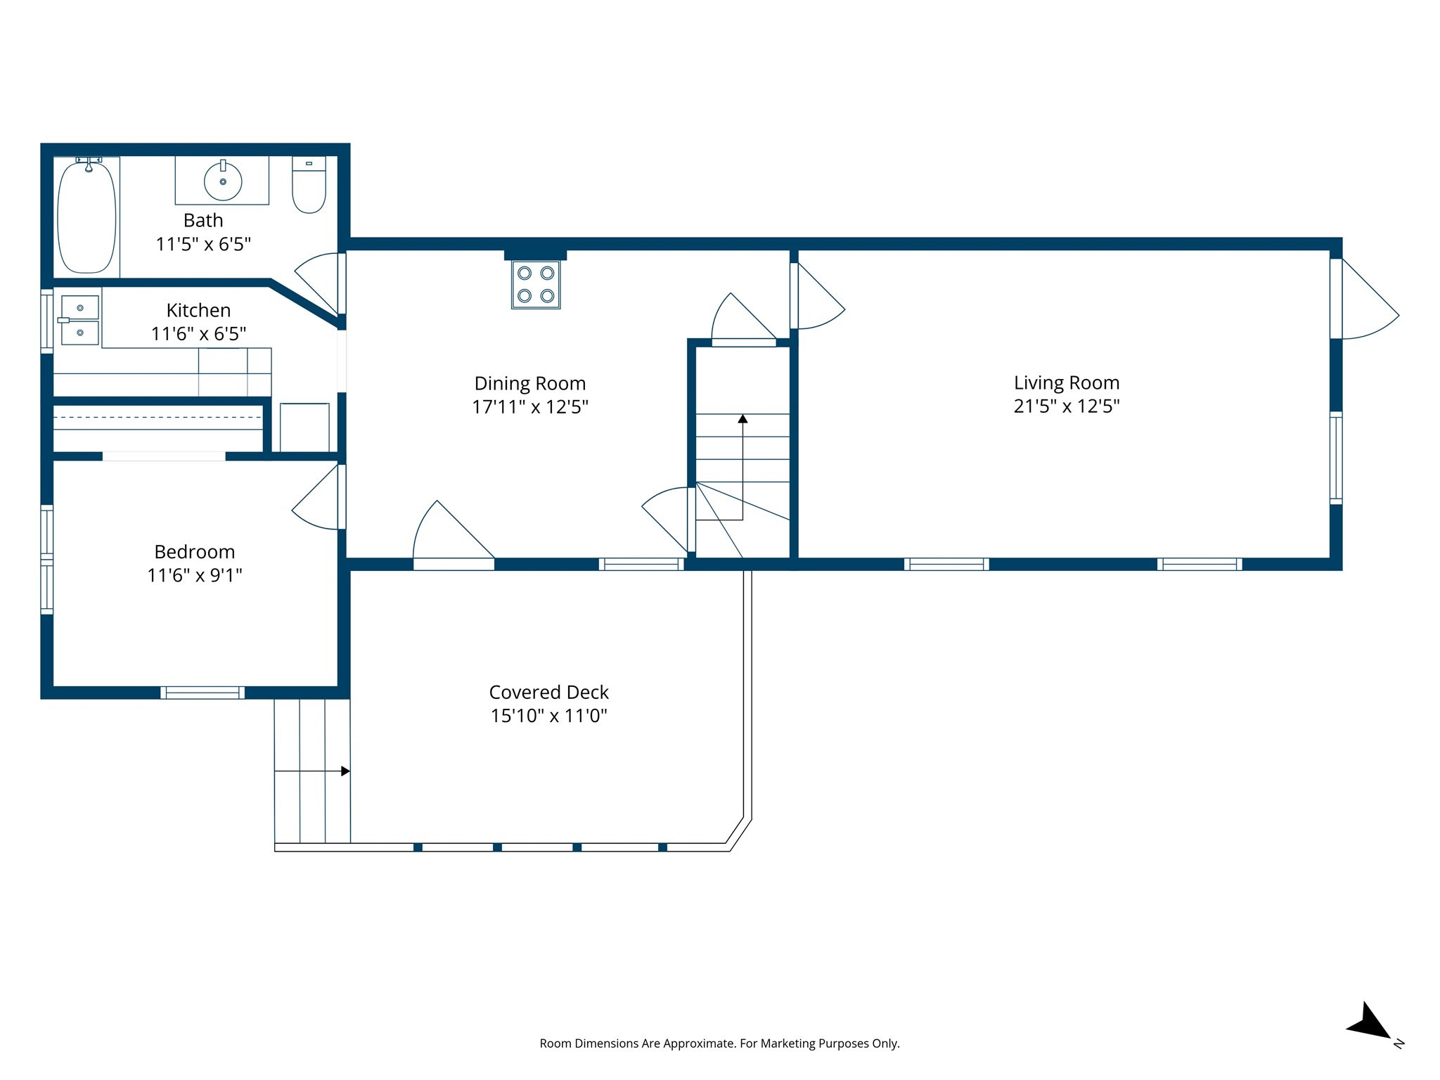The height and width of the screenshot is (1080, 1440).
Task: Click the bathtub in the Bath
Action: (86, 217)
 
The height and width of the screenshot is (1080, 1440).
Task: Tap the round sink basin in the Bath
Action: (223, 181)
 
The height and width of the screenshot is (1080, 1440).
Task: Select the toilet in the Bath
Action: (309, 186)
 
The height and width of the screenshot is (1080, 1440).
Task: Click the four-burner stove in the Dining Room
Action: (536, 285)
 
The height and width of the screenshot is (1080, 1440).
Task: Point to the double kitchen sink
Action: (79, 320)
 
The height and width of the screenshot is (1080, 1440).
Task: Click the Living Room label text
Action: (1066, 383)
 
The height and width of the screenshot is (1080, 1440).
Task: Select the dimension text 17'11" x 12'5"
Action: (529, 407)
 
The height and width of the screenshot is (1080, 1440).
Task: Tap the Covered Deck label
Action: (548, 693)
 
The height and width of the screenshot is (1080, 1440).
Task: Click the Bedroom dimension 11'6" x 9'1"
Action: (194, 576)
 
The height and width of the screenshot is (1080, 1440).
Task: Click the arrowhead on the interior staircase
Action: (742, 419)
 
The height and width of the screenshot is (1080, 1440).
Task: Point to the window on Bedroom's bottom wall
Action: (202, 693)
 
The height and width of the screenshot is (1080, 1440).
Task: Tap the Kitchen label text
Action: (198, 310)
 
